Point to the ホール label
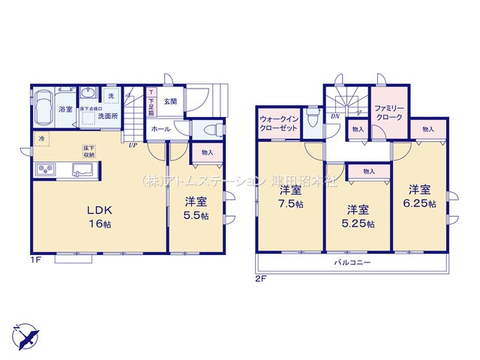(x=160, y=129)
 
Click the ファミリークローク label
(x=389, y=114)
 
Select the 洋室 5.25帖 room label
(x=358, y=214)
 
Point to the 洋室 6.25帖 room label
(x=420, y=196)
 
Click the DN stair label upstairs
(x=334, y=117)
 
